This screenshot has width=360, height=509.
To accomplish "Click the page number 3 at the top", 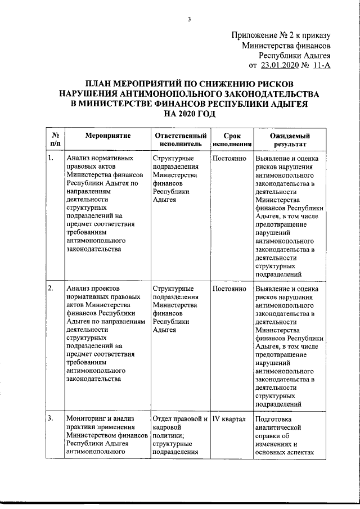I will pos(189,21).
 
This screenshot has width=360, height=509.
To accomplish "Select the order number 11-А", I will pos(320,65).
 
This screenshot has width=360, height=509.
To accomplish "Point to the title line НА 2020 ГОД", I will pos(189,114).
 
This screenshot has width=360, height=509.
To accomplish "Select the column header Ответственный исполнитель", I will pos(179,140).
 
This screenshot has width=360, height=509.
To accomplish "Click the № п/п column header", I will pos(55,140).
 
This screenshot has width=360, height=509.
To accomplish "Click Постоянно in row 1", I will pos(229,159).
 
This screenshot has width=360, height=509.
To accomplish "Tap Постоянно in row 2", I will pos(229,289).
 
